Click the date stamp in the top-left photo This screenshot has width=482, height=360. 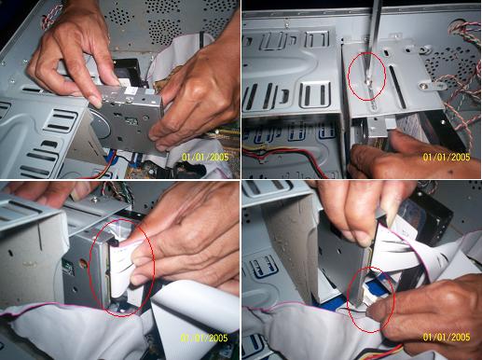click(x=205, y=157)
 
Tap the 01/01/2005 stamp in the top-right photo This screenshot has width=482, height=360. click(x=447, y=157)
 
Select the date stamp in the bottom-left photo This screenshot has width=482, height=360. click(x=204, y=338)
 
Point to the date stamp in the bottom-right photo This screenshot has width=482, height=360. click(x=447, y=337)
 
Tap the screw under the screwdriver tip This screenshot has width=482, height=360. click(x=368, y=82)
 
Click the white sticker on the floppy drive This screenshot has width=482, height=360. click(x=131, y=90)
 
